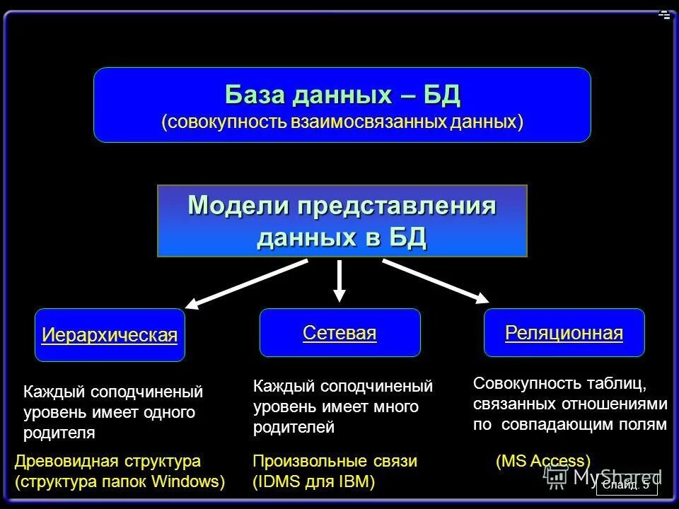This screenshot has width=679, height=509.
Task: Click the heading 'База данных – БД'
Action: [342, 94]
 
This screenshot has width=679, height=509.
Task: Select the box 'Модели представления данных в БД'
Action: [342, 221]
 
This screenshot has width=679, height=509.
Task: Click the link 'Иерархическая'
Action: [110, 335]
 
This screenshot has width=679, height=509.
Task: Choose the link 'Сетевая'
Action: [339, 333]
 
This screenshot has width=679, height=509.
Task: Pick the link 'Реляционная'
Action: [564, 333]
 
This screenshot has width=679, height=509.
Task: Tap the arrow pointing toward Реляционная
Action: [435, 280]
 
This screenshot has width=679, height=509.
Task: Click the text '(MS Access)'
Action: [543, 462]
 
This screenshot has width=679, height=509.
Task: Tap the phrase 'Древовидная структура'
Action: [108, 462]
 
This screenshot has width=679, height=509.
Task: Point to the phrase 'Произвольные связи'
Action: [335, 462]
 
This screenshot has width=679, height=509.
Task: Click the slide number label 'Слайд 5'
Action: [627, 485]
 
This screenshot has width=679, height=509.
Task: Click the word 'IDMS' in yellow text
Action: [280, 482]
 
